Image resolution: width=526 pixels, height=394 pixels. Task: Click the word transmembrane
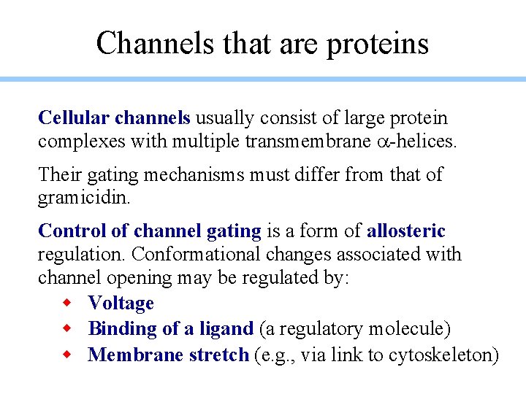point(309,141)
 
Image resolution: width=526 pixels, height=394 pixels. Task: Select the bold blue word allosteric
point(405,231)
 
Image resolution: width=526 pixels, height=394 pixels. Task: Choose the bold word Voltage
point(121,303)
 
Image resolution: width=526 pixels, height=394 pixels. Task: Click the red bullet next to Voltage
point(66,303)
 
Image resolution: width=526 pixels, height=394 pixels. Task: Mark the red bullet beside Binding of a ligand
point(66,329)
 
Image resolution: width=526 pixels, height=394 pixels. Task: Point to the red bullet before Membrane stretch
point(66,355)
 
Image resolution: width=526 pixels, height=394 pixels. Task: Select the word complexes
point(81,142)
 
